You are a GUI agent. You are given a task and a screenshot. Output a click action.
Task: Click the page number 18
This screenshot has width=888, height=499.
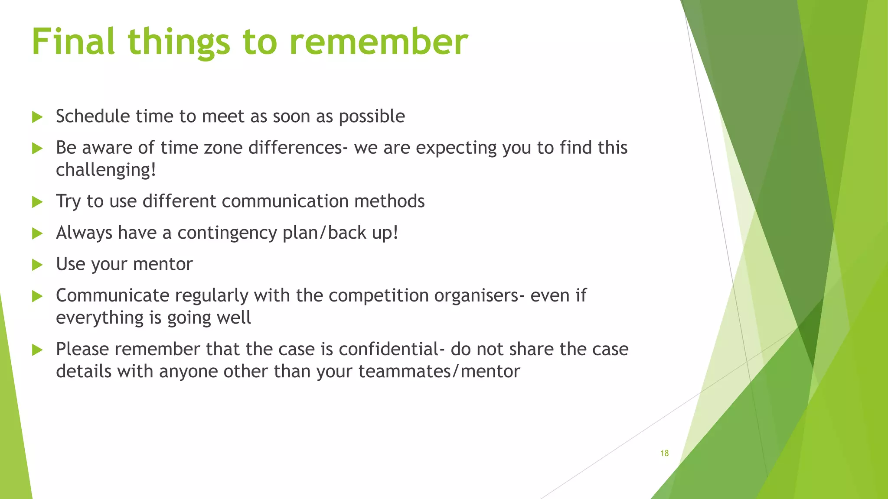(664, 453)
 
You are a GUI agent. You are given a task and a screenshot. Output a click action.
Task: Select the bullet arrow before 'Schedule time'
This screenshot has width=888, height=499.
(37, 117)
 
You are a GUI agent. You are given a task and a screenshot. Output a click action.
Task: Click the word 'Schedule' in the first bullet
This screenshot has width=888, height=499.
(93, 116)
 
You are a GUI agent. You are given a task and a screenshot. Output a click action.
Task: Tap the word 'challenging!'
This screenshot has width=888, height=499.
(106, 170)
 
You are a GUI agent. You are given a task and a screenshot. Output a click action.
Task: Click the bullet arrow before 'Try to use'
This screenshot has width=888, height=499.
(37, 202)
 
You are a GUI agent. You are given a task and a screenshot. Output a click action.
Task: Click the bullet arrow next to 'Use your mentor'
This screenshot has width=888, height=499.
(37, 265)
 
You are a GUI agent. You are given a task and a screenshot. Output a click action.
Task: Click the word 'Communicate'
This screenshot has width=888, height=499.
(112, 295)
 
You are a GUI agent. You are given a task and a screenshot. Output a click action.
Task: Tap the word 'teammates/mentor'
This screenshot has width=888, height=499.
(439, 371)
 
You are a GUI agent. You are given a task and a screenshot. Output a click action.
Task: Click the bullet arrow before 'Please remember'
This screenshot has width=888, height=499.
(37, 350)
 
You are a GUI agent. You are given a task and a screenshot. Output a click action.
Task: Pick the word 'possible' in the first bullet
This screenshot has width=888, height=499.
(372, 116)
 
